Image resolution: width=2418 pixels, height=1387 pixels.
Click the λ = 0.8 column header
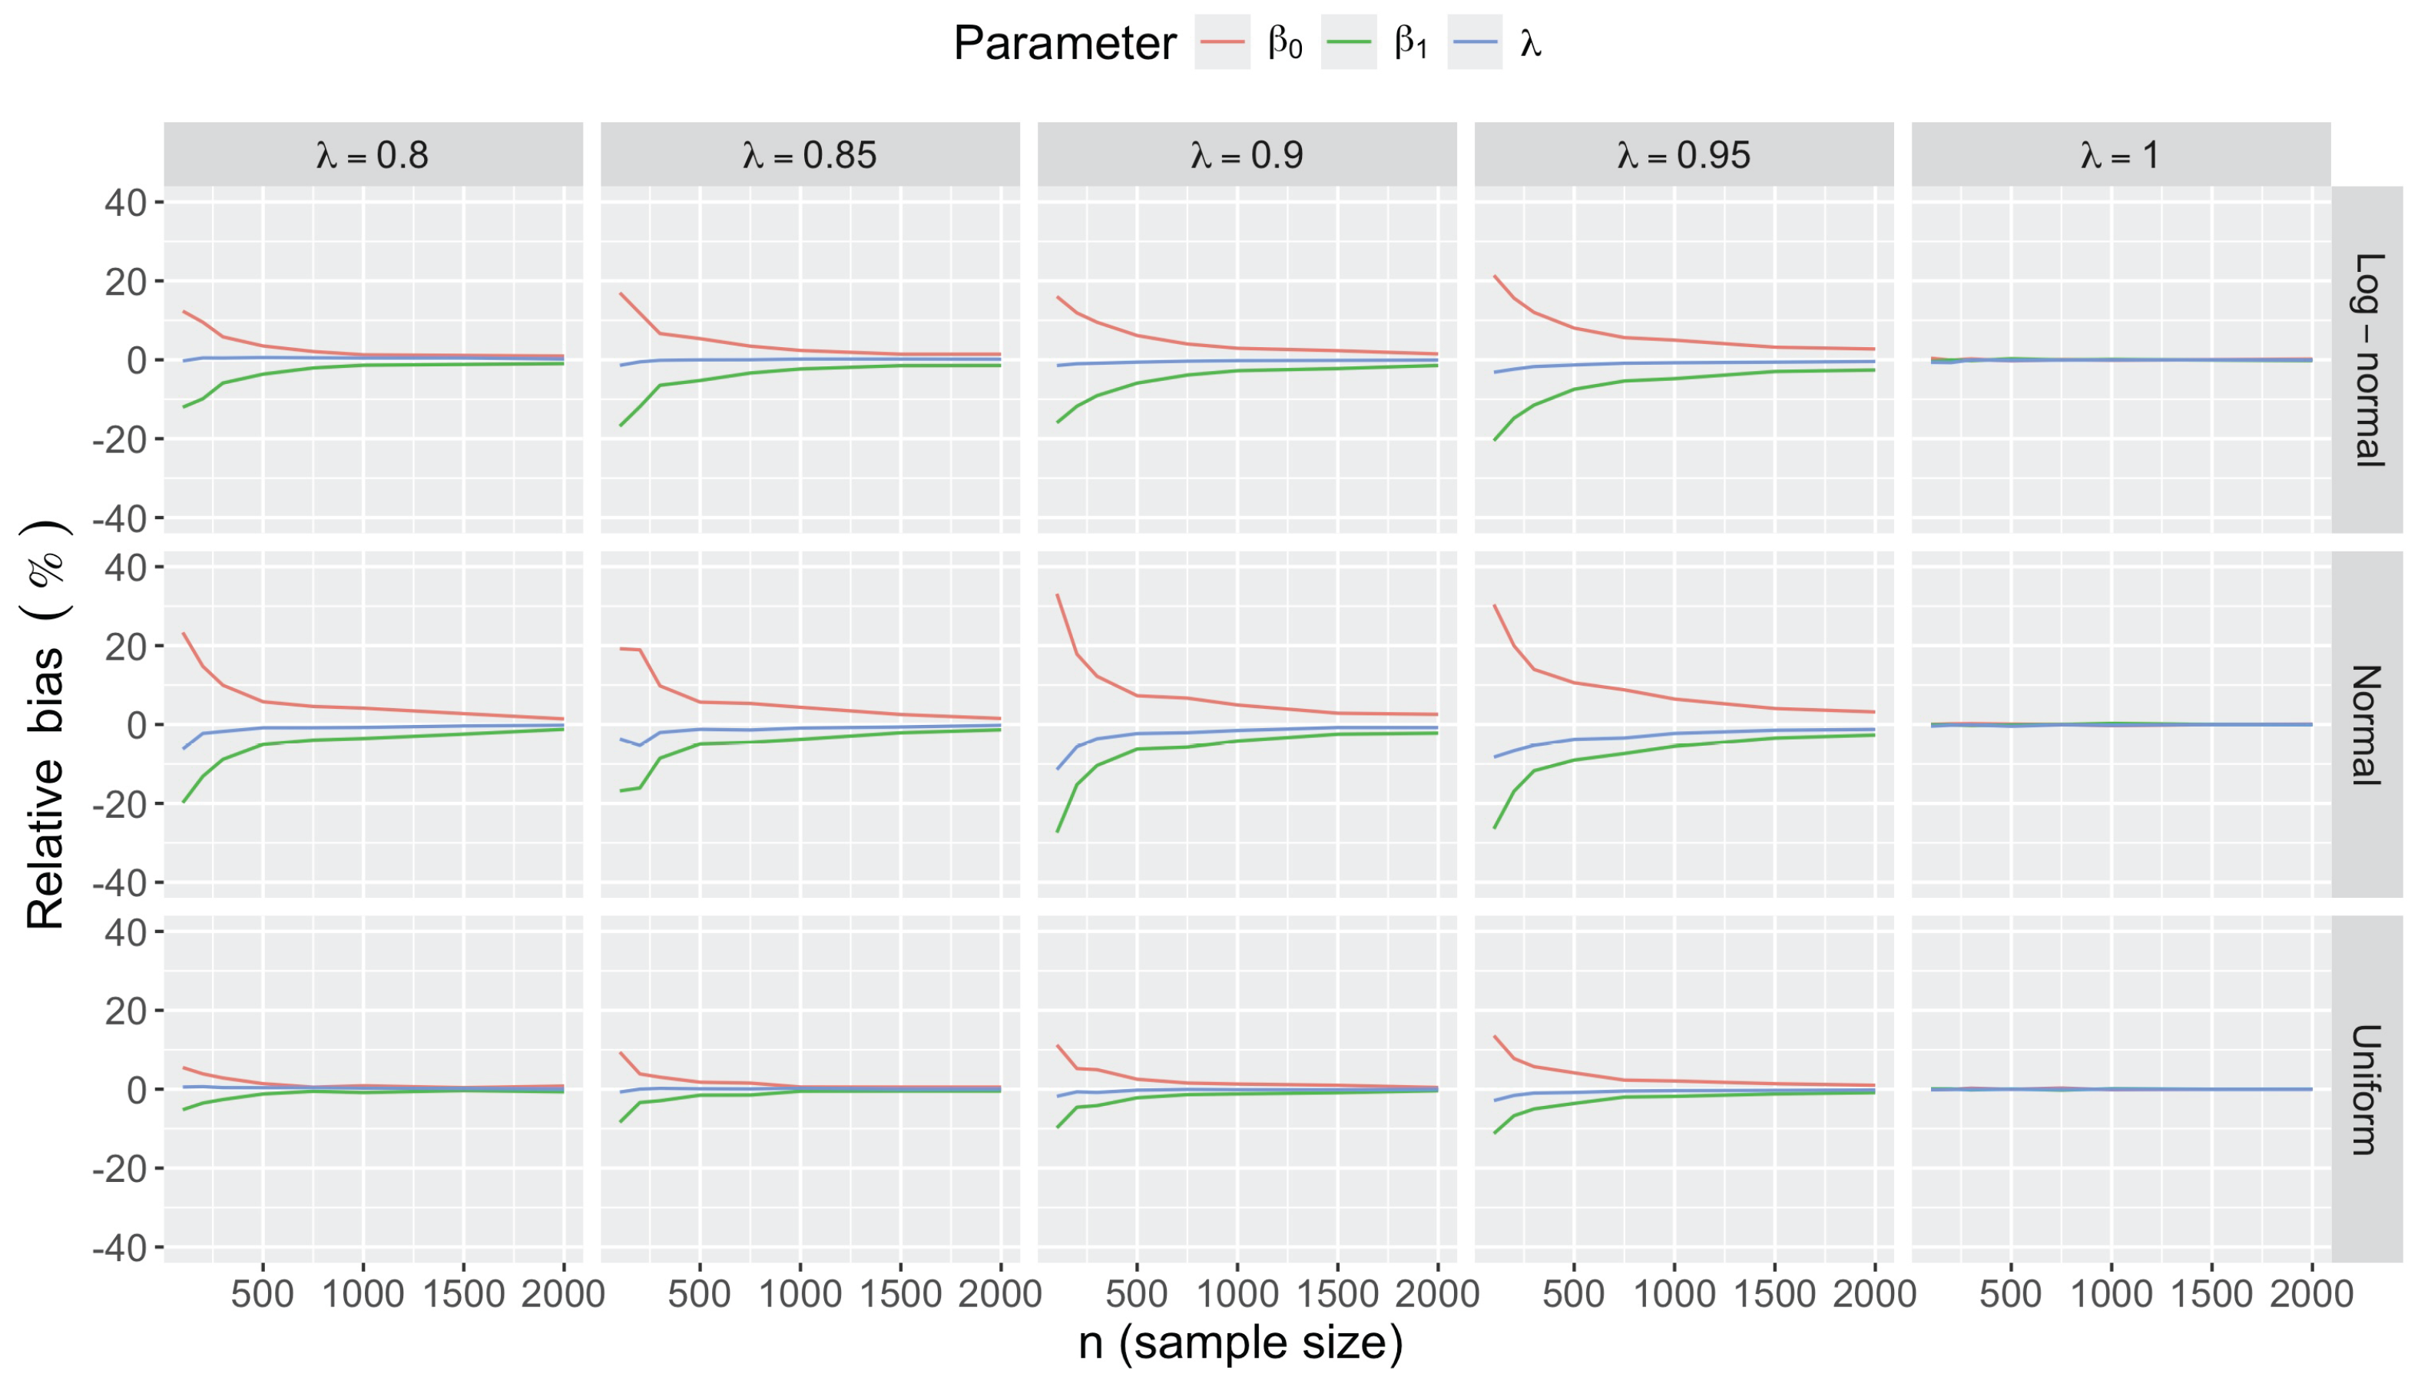pos(373,154)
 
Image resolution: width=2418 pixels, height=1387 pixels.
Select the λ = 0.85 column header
pos(810,154)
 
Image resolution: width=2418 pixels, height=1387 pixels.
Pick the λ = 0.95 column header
pos(1684,154)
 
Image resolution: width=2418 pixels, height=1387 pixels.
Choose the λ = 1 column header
pos(2121,154)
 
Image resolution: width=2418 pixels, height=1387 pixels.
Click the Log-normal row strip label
pos(2367,359)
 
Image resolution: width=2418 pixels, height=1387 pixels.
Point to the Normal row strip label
pos(2367,724)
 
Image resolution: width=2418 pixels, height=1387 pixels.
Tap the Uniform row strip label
pos(2367,1089)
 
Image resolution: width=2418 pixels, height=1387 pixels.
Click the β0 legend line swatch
pos(1222,43)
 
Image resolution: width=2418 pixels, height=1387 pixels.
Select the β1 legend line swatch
pos(1348,43)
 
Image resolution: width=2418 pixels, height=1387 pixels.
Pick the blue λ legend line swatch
pos(1475,43)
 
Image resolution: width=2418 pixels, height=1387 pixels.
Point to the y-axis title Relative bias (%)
pos(46,724)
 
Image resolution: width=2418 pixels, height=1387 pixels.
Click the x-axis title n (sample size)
pos(1240,1343)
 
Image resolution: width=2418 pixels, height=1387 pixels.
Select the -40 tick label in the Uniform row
pos(119,1248)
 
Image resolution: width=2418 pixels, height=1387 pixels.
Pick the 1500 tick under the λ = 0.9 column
pos(1337,1293)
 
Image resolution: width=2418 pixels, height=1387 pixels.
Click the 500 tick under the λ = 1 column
pos(2010,1293)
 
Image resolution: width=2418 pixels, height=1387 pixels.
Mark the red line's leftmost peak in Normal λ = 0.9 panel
pos(1058,594)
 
